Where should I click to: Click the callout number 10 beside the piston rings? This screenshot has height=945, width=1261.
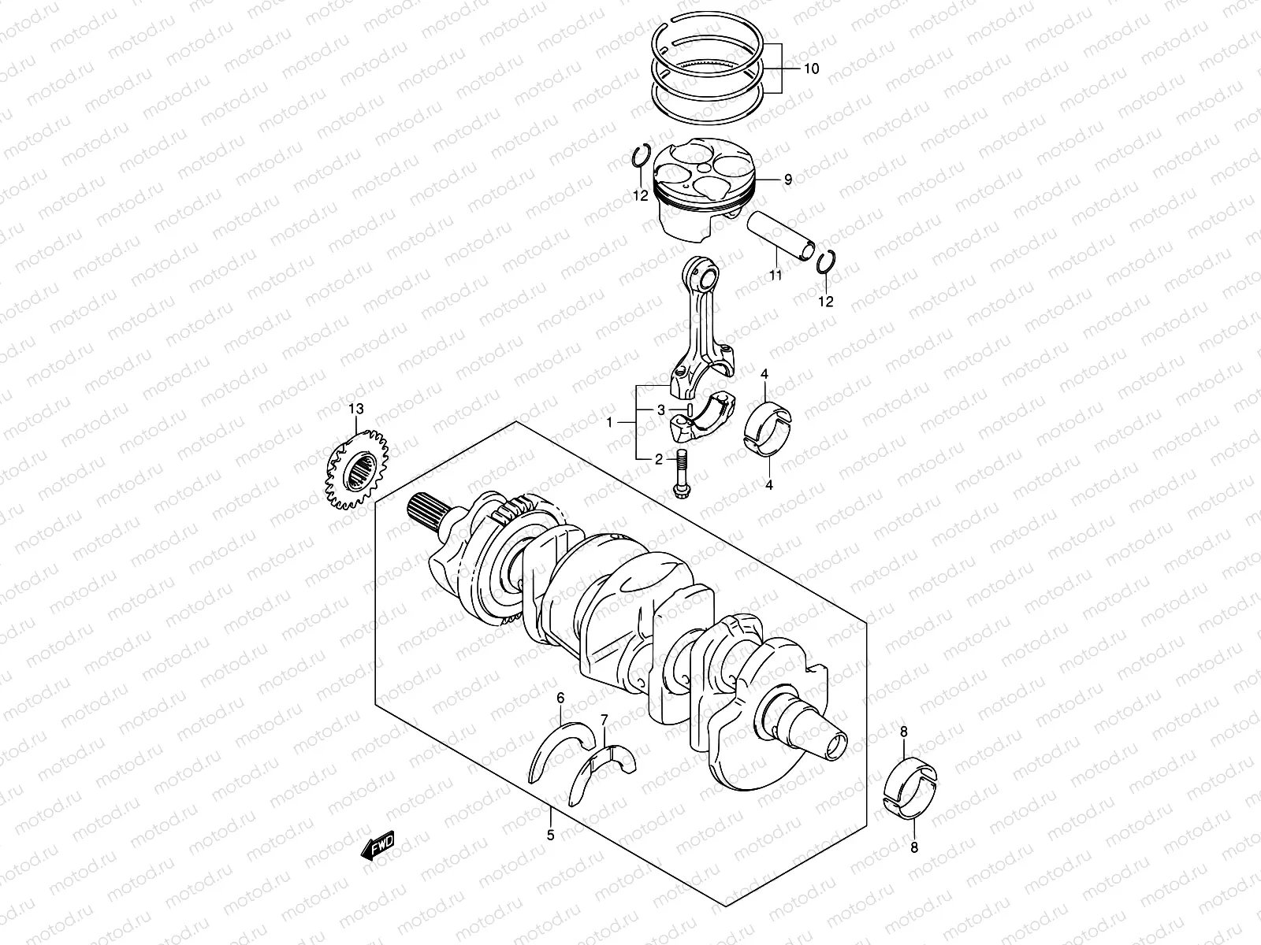tap(810, 69)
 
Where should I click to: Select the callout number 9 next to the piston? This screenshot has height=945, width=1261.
tap(787, 180)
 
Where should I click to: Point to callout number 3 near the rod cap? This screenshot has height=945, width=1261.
tap(662, 409)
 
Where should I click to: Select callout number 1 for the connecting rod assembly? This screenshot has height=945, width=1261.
tap(609, 424)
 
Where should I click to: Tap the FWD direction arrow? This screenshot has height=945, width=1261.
tap(378, 847)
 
